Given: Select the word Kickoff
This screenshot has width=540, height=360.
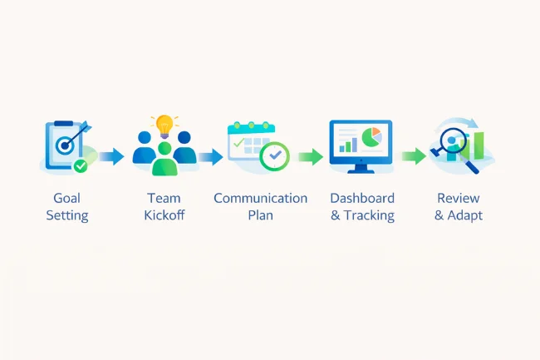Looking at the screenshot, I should (x=164, y=216).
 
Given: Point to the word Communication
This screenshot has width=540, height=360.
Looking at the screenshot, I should (x=260, y=199).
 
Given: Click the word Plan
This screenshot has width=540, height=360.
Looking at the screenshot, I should (x=260, y=216).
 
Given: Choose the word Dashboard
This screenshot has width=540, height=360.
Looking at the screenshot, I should (x=361, y=199).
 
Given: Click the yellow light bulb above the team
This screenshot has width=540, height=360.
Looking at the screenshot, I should (x=164, y=126).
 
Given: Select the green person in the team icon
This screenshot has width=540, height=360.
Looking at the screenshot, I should (x=164, y=160).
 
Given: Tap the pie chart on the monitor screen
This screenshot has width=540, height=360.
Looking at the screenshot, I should (x=371, y=137).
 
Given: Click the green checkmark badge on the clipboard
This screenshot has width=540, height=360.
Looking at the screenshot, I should (x=81, y=165).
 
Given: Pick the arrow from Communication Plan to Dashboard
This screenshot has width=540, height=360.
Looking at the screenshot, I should (x=311, y=155).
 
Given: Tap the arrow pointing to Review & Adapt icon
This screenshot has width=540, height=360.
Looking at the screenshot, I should (x=413, y=155).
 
